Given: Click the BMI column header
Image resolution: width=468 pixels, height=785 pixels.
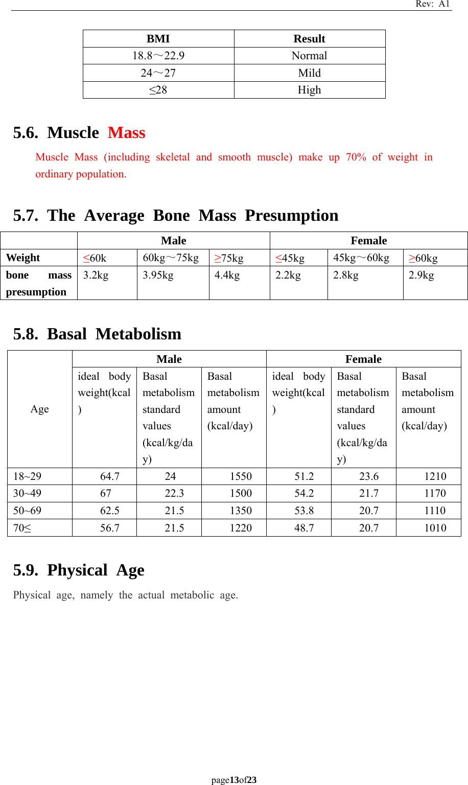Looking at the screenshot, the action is point(158,39).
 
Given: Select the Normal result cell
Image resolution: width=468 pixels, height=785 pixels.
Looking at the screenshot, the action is point(309,56).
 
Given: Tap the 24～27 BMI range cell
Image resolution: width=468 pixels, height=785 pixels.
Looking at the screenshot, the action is point(158,73).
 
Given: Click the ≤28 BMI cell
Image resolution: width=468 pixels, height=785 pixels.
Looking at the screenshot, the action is point(158,90).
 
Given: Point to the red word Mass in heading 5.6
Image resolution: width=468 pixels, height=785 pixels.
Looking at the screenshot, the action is point(127,133).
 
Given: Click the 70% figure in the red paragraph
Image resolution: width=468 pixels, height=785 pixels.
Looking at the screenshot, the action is point(356,157).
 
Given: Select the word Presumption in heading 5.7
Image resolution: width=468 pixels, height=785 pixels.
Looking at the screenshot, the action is point(291,216).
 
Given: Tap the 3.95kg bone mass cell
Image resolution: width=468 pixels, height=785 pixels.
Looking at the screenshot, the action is point(158,275).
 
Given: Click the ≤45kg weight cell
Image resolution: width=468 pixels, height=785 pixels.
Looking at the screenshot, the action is point(290,258).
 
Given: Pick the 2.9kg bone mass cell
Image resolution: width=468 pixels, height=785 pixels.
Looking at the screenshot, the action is point(421,275).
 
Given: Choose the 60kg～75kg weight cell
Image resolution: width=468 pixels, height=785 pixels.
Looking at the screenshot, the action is point(171,258).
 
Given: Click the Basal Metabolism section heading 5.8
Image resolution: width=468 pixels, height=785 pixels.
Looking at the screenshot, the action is point(97,334).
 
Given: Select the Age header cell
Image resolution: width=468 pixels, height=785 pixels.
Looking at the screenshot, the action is point(40,409).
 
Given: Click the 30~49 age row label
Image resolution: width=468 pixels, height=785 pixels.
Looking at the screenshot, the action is point(28,493).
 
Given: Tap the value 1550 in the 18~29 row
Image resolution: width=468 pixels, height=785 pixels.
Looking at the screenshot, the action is point(241,476).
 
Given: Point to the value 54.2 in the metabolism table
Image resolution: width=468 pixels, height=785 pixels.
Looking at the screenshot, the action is point(304,493).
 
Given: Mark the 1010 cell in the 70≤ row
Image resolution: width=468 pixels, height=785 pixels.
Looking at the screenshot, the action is point(435,528).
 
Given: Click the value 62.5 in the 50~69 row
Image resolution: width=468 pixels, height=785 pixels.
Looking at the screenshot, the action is point(110,511).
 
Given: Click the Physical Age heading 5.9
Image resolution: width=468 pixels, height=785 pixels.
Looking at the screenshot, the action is point(79,570).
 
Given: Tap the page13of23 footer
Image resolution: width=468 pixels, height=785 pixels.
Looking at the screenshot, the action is point(234,780).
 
